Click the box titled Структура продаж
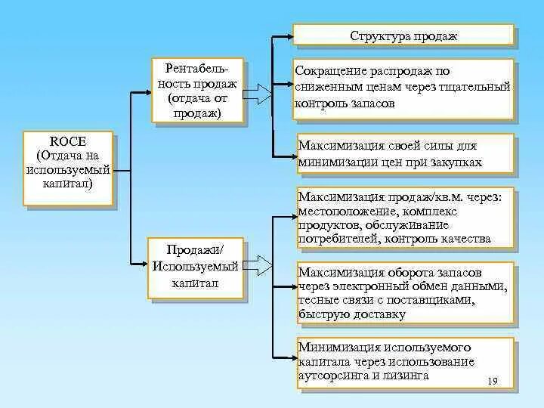pyautogui.click(x=403, y=36)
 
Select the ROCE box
pyautogui.click(x=68, y=168)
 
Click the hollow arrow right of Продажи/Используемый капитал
pyautogui.click(x=260, y=265)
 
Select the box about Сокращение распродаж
pyautogui.click(x=403, y=88)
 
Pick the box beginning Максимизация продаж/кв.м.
pyautogui.click(x=405, y=218)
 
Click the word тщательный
pyautogui.click(x=478, y=88)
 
